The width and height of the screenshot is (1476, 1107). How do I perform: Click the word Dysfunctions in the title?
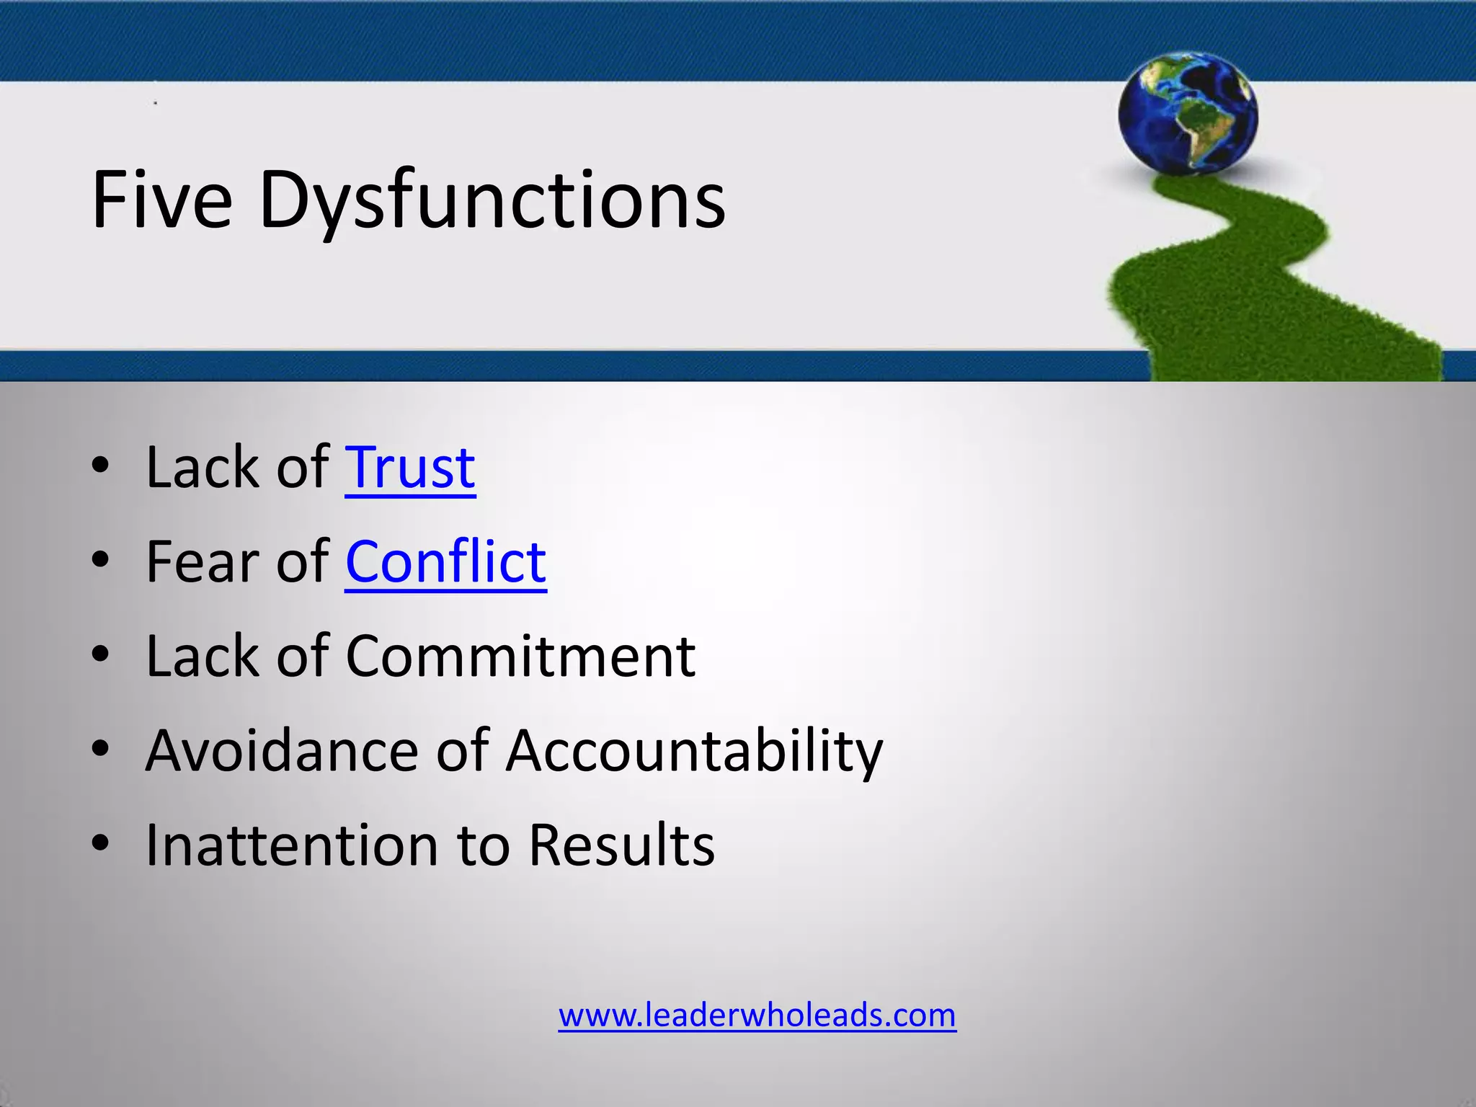coord(492,202)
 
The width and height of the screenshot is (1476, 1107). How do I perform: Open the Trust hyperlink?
coord(410,468)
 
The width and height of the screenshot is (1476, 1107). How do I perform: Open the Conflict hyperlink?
coord(445,562)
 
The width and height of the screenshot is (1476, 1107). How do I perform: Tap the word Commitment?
coord(520,657)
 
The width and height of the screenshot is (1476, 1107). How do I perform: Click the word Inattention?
coord(292,845)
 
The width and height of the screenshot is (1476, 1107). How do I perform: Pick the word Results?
coord(621,845)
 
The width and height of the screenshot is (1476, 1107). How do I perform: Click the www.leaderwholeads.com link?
coord(757,1015)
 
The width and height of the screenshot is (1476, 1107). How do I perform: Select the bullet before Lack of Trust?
coord(101,466)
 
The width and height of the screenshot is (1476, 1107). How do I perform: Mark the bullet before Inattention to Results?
coord(101,844)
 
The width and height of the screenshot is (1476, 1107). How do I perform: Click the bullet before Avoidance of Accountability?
coord(101,750)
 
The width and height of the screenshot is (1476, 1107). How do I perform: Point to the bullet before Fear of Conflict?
coord(101,561)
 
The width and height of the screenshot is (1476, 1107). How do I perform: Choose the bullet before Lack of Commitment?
coord(101,655)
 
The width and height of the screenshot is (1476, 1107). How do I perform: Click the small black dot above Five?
coord(155,104)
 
